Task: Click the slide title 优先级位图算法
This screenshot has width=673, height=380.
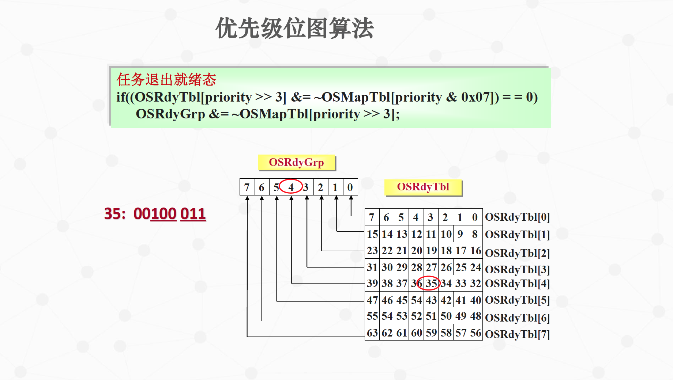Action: click(294, 28)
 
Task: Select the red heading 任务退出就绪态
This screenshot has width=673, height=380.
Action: click(166, 79)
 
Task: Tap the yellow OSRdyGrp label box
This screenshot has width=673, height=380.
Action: click(296, 162)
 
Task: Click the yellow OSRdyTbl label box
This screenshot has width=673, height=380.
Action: click(423, 187)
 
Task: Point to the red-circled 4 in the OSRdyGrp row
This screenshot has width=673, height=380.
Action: click(291, 187)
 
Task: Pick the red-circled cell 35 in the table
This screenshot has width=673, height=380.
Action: click(431, 283)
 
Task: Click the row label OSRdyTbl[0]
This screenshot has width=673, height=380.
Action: click(517, 217)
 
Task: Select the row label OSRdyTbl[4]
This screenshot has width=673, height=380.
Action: click(517, 284)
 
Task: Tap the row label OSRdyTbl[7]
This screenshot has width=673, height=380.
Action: click(517, 334)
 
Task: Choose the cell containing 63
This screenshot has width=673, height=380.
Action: click(372, 333)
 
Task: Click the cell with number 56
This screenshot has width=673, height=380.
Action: click(475, 333)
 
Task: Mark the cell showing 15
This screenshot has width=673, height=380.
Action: click(372, 234)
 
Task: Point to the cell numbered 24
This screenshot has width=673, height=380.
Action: click(475, 267)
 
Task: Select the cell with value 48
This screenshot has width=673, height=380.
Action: click(475, 316)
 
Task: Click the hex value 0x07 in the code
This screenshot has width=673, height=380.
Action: click(475, 97)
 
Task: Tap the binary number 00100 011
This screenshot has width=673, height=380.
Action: click(170, 214)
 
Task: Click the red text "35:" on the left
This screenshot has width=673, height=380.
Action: click(115, 214)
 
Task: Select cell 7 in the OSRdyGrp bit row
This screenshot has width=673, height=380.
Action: click(247, 187)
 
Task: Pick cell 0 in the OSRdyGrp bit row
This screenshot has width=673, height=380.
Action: click(350, 187)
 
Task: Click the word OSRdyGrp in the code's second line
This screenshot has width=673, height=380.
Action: click(170, 114)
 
